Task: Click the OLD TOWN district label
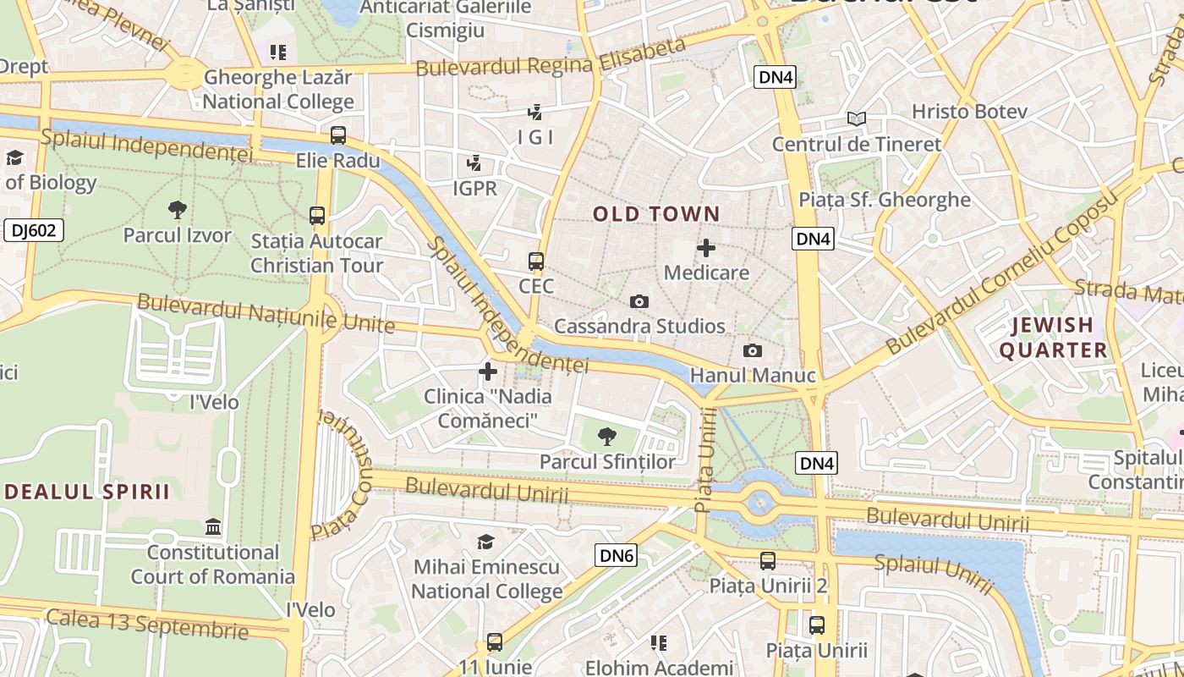point(656,214)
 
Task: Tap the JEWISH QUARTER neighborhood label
point(1054,338)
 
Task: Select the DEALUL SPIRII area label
point(87,492)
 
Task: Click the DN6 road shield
point(616,555)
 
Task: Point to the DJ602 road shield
point(34,230)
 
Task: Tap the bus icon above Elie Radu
point(338,135)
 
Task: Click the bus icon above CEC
point(535,261)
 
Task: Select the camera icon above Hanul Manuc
point(752,350)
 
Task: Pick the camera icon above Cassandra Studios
point(639,301)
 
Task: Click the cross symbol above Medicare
point(706,248)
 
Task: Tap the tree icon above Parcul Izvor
point(178,209)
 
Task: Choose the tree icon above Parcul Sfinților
point(606,437)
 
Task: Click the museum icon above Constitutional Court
point(213,527)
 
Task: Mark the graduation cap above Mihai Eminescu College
point(485,542)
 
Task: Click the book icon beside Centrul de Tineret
point(857,119)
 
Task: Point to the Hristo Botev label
point(969,112)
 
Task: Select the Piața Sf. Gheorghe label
point(885,200)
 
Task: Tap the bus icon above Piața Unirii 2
point(768,560)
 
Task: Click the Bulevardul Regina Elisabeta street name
point(550,58)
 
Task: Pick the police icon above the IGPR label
point(474,162)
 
